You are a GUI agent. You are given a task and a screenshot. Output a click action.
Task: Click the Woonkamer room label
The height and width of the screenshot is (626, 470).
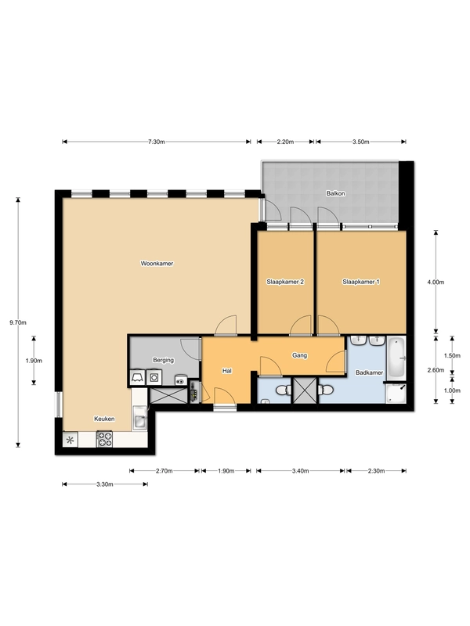point(157,264)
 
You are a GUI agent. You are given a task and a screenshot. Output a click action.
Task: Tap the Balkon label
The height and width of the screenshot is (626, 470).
point(336,193)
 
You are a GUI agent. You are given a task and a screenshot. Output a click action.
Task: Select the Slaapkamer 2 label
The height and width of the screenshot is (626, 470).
point(285,282)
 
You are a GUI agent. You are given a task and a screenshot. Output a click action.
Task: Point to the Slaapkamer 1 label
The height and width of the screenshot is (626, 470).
point(361,282)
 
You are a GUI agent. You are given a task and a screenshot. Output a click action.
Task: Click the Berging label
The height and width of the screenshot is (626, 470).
point(164,360)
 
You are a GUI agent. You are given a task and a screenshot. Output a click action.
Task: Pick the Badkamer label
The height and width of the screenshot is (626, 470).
point(369,372)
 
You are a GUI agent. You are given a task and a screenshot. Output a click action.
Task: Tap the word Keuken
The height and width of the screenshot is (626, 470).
point(104,419)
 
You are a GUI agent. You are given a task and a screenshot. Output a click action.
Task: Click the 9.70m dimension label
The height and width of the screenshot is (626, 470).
point(18,322)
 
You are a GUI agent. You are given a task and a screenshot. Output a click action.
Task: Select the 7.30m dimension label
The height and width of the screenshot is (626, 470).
point(156,142)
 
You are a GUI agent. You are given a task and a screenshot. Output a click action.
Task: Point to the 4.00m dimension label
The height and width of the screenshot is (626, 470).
point(436,282)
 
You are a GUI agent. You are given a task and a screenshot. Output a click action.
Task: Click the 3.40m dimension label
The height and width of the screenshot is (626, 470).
point(300,471)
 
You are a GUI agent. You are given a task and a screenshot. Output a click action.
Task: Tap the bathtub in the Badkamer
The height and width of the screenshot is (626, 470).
point(396,358)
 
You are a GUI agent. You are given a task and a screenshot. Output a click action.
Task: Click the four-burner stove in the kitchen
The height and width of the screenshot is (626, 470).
point(104,439)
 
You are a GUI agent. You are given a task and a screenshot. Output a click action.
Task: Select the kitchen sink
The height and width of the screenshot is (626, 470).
point(140,419)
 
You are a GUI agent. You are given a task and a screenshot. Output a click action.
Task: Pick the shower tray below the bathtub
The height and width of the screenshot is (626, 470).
point(396,394)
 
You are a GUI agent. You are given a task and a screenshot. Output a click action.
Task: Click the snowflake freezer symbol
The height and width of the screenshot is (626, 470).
point(70,440)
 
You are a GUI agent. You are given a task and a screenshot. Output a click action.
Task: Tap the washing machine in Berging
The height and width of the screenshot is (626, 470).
point(154,377)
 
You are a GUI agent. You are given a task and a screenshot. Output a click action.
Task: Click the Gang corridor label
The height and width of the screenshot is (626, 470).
point(300,355)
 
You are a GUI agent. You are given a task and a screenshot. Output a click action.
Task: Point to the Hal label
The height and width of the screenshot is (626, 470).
point(227,371)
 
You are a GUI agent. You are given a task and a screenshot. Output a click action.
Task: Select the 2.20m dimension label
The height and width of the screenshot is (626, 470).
point(285,142)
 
